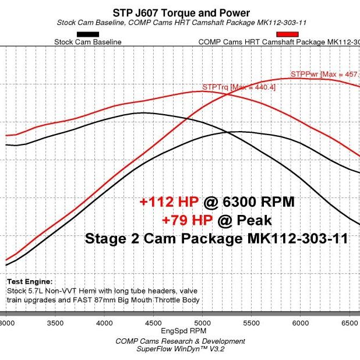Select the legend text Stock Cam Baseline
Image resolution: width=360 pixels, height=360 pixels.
87,42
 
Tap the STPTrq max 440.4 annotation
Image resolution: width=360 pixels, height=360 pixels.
239,87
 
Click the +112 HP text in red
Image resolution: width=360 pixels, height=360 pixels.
170,202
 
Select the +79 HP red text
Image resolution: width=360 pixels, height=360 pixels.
189,220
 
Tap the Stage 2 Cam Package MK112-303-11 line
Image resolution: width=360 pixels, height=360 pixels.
217,239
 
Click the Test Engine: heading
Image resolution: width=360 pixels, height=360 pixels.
29,281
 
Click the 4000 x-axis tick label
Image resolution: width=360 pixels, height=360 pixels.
104,322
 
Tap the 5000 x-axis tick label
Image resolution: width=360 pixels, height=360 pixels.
202,322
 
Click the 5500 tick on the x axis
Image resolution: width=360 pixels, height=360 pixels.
250,322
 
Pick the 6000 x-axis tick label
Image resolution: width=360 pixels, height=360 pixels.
299,322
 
